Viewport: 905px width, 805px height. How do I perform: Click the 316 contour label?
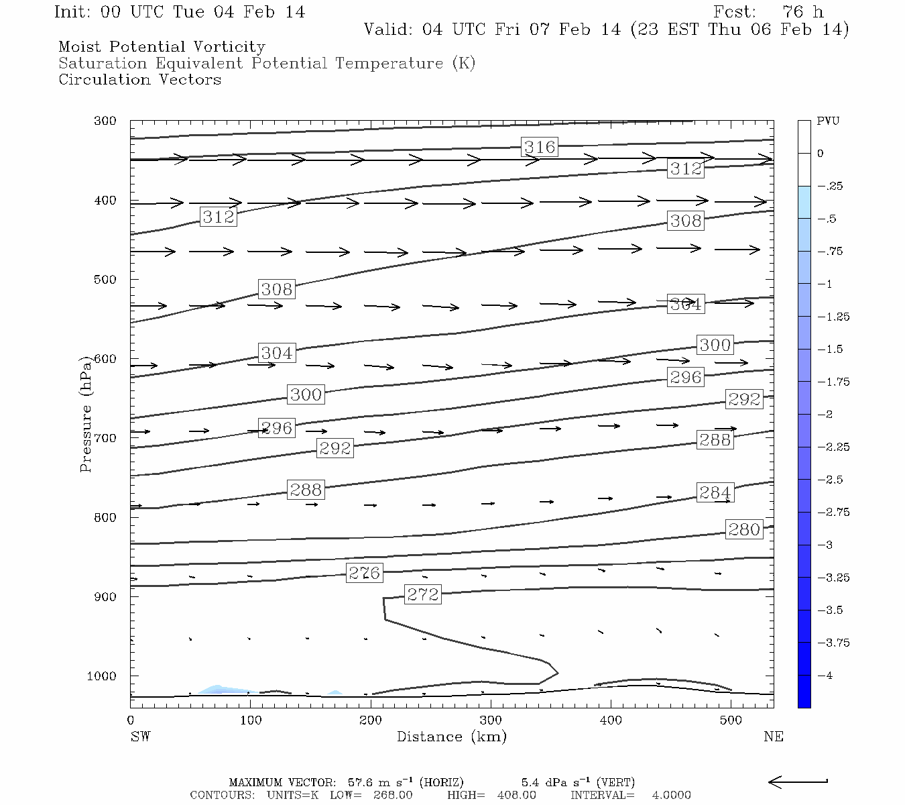(540, 147)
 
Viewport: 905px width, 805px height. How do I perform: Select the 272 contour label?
(423, 594)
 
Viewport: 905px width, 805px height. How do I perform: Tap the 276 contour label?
(364, 573)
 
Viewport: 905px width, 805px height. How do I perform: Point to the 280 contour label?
(744, 529)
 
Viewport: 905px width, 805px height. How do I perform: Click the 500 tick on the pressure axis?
(105, 279)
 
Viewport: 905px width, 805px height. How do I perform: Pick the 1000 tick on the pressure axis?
(102, 676)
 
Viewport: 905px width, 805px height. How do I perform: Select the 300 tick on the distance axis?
(491, 720)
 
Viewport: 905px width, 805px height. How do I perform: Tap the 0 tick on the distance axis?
(131, 720)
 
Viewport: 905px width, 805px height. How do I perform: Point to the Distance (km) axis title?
(451, 737)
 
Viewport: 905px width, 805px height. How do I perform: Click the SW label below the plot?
(140, 737)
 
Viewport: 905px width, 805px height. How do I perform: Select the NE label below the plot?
(773, 737)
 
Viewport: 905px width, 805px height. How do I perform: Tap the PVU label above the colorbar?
(828, 121)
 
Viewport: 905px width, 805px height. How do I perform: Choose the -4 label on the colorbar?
(825, 676)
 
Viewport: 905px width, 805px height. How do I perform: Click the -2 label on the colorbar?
(825, 415)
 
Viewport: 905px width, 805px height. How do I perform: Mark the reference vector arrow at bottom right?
(798, 782)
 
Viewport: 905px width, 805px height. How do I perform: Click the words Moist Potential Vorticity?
(162, 47)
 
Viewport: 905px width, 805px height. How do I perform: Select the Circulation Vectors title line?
(139, 80)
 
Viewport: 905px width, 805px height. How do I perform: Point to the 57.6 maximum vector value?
(361, 783)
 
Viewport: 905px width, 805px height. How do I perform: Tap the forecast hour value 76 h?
(802, 12)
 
